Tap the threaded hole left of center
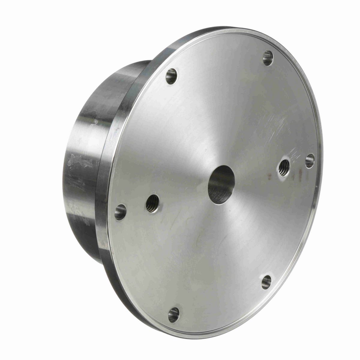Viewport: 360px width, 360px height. pyautogui.click(x=153, y=204)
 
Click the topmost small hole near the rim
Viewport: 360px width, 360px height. pyautogui.click(x=268, y=58)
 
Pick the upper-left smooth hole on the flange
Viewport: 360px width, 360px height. pyautogui.click(x=171, y=76)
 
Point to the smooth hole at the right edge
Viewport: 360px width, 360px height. pyautogui.click(x=310, y=161)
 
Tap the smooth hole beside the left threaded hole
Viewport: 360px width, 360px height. pyautogui.click(x=120, y=212)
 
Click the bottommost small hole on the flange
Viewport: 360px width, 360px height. pyautogui.click(x=174, y=315)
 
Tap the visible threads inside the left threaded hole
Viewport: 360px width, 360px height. pyautogui.click(x=151, y=205)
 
